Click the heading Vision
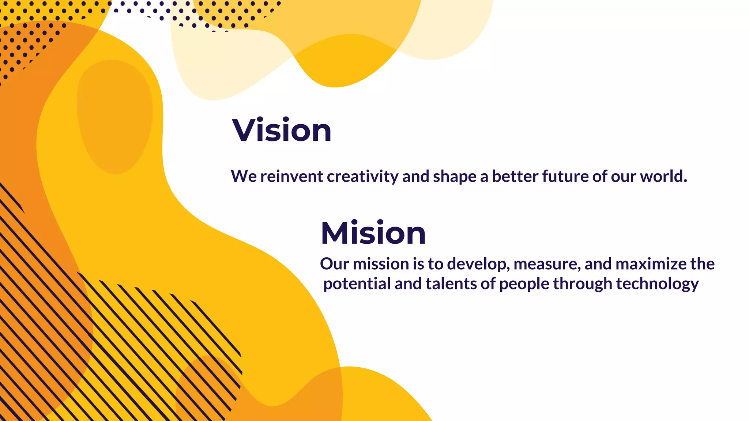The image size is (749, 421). click(282, 130)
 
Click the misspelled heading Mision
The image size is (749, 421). click(373, 233)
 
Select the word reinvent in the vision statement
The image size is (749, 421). click(291, 177)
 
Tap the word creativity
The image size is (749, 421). click(362, 177)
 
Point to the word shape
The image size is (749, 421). click(455, 177)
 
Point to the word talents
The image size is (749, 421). click(451, 284)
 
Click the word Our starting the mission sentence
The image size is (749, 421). click(334, 264)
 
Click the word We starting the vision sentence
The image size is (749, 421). click(244, 177)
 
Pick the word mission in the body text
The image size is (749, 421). click(381, 264)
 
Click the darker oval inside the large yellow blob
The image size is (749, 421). click(114, 117)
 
